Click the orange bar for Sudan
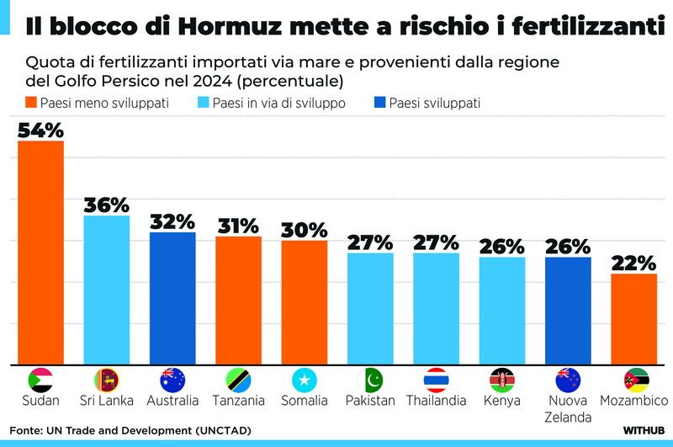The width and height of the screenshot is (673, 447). pyautogui.click(x=40, y=253)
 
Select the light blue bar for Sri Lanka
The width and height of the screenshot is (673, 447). pyautogui.click(x=106, y=290)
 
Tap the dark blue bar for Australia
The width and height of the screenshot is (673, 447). pyautogui.click(x=172, y=299)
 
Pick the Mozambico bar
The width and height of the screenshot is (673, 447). pyautogui.click(x=633, y=319)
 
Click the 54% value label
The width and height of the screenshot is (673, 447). pyautogui.click(x=40, y=130)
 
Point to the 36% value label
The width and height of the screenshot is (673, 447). pyautogui.click(x=106, y=205)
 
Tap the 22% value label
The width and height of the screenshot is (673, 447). pyautogui.click(x=633, y=263)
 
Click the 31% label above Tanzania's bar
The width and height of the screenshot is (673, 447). pyautogui.click(x=238, y=226)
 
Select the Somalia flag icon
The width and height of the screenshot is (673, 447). pyautogui.click(x=304, y=379)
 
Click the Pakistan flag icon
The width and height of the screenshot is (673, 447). pyautogui.click(x=369, y=379)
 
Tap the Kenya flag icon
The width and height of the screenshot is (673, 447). pyautogui.click(x=501, y=379)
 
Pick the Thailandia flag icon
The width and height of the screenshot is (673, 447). pyautogui.click(x=436, y=379)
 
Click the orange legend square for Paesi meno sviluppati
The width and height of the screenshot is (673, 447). pyautogui.click(x=31, y=103)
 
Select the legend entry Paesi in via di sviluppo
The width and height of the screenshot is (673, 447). pyautogui.click(x=278, y=103)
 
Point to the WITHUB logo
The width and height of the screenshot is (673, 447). pyautogui.click(x=644, y=430)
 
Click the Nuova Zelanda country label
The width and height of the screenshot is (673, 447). pyautogui.click(x=567, y=408)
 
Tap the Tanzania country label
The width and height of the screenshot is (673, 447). pyautogui.click(x=238, y=401)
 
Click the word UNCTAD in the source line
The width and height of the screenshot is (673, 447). pyautogui.click(x=223, y=431)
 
